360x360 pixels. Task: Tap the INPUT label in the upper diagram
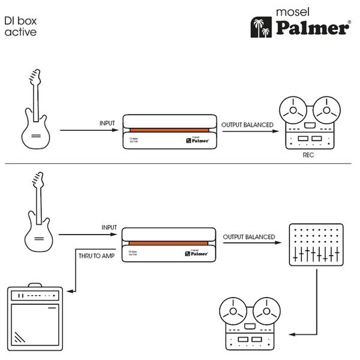tap(107, 123)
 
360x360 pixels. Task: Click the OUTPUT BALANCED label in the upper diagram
tap(248, 124)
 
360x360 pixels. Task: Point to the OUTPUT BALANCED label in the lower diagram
tap(249, 237)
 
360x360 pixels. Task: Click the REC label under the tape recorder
tap(309, 155)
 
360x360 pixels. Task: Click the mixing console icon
tap(315, 246)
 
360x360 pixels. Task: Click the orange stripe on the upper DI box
tap(169, 129)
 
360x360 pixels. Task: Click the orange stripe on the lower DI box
tap(169, 242)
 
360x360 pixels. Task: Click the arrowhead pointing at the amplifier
tap(70, 292)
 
